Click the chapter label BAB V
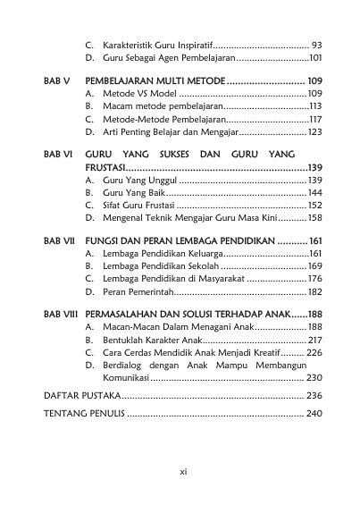pyautogui.click(x=55, y=80)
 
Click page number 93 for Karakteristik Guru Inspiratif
pyautogui.click(x=316, y=44)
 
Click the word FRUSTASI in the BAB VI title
pyautogui.click(x=105, y=167)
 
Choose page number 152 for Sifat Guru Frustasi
pyautogui.click(x=314, y=205)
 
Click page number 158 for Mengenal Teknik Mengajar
pyautogui.click(x=314, y=217)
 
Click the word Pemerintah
pyautogui.click(x=144, y=291)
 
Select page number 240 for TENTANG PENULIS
pyautogui.click(x=313, y=414)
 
